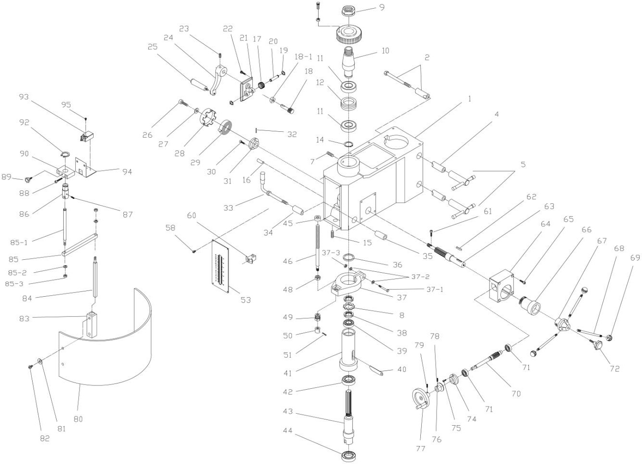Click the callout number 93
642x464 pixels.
pos(24,97)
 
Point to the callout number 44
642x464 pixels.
pos(287,431)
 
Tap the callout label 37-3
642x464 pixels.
pos(331,253)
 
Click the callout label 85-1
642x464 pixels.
pos(20,242)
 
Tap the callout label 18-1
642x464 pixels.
pos(303,57)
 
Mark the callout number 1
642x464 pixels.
pos(469,99)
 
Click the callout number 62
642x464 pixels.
pos(531,197)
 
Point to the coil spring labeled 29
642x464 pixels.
pos(226,128)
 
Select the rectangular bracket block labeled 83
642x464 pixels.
pos(91,324)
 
